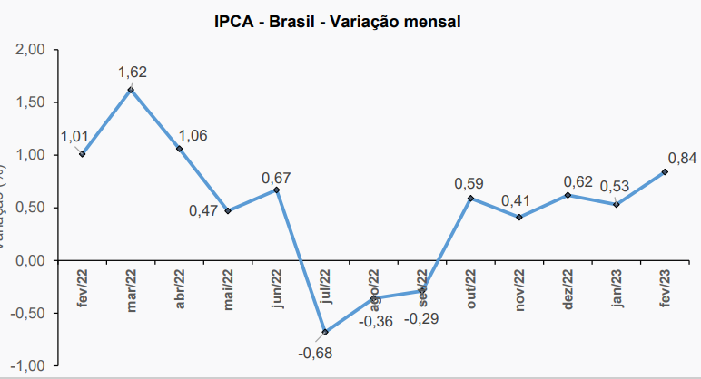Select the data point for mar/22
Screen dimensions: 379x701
pyautogui.click(x=131, y=90)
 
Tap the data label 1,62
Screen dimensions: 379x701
pyautogui.click(x=132, y=72)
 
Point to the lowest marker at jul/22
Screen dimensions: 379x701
pyautogui.click(x=325, y=332)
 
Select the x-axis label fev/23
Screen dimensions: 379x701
pyautogui.click(x=666, y=289)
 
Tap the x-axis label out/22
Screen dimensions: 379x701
pyautogui.click(x=471, y=289)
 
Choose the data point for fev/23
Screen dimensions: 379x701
pyautogui.click(x=666, y=171)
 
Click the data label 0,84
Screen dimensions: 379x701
pyautogui.click(x=682, y=159)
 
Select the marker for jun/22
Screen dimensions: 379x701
pyautogui.click(x=276, y=189)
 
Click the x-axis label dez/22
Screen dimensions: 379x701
pyautogui.click(x=568, y=289)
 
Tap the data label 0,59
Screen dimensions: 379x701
pyautogui.click(x=469, y=183)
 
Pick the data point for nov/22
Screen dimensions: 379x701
pyautogui.click(x=519, y=217)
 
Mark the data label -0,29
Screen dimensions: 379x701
pyautogui.click(x=420, y=319)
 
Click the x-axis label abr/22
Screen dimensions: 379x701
pyautogui.click(x=180, y=289)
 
